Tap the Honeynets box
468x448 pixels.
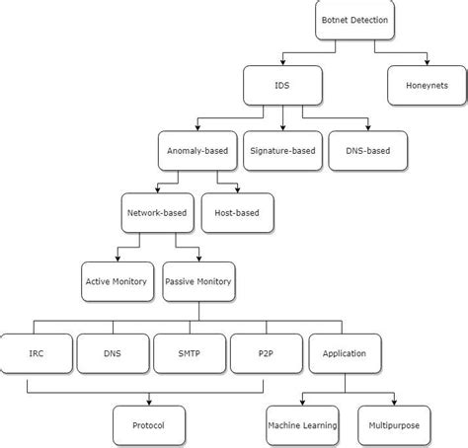pyautogui.click(x=426, y=86)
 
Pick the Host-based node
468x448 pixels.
pyautogui.click(x=237, y=211)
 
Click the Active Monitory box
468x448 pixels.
pyautogui.click(x=116, y=281)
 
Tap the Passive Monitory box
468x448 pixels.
pyautogui.click(x=197, y=281)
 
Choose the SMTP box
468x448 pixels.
pyautogui.click(x=190, y=352)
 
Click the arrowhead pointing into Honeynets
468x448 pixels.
pyautogui.click(x=426, y=63)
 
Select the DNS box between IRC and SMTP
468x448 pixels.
pyautogui.click(x=113, y=352)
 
